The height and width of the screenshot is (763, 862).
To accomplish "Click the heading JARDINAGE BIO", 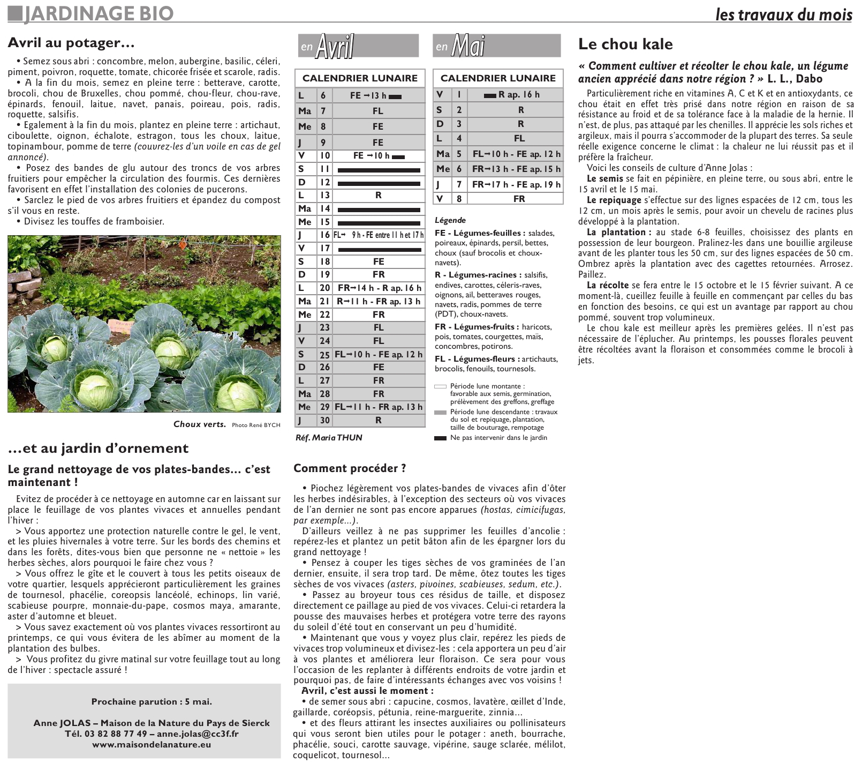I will click(99, 13).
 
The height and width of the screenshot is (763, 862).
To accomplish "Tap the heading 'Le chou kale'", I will click(625, 44).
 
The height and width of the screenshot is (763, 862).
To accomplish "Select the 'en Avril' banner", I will click(358, 46).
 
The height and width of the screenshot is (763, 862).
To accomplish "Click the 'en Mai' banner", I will click(496, 46).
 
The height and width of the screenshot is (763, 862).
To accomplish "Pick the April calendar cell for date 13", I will click(325, 196).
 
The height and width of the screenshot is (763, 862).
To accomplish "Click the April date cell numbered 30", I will click(325, 421).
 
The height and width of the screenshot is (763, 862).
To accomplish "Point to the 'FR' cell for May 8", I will click(519, 199).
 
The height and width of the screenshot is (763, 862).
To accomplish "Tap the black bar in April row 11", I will click(379, 170).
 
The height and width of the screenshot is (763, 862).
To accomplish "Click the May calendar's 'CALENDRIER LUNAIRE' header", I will click(498, 78).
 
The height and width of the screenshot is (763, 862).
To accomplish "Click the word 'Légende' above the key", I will click(450, 220).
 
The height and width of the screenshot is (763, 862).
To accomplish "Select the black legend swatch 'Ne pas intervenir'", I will click(440, 438).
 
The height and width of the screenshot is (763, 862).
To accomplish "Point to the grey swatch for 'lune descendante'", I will click(440, 413).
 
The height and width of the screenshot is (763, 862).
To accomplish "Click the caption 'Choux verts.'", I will click(200, 424).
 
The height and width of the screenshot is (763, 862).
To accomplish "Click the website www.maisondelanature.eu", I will click(152, 744).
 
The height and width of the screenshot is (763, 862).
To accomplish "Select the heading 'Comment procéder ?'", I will click(350, 468).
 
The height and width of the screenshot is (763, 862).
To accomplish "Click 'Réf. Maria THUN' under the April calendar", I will click(329, 438).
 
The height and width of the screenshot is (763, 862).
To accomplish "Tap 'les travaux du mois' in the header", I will click(783, 14).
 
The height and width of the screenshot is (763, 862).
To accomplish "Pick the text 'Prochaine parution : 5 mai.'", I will click(152, 701).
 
